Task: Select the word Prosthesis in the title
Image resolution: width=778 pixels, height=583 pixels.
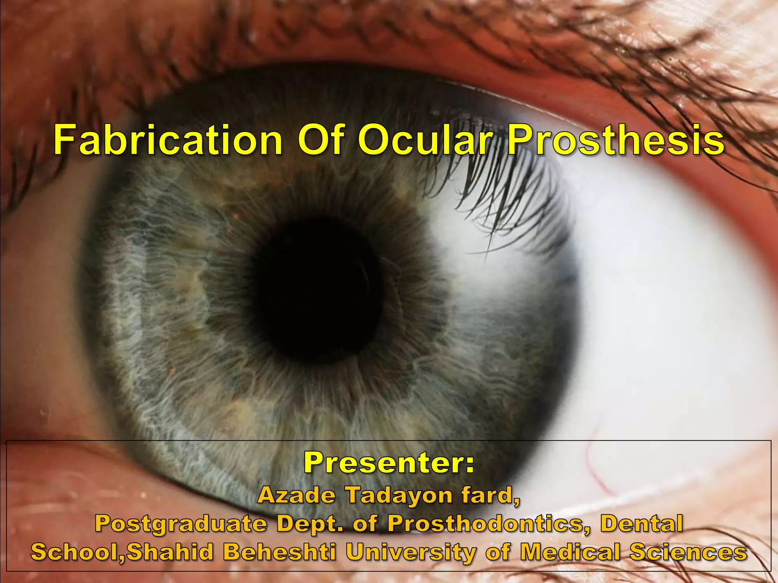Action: (x=616, y=140)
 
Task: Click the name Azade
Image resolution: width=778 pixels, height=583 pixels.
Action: (x=296, y=495)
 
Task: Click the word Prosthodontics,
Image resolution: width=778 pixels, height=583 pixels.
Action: (x=489, y=523)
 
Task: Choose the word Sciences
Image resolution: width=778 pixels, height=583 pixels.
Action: (x=688, y=551)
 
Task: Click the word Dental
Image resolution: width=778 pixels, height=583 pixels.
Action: (x=642, y=523)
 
